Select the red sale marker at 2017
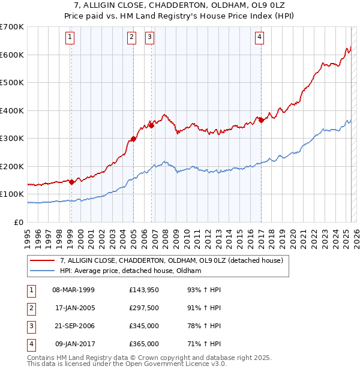(262, 120)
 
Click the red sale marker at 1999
(71, 182)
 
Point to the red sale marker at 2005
(133, 139)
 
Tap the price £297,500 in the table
(144, 308)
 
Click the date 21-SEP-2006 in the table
(74, 326)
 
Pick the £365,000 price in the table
(144, 344)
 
